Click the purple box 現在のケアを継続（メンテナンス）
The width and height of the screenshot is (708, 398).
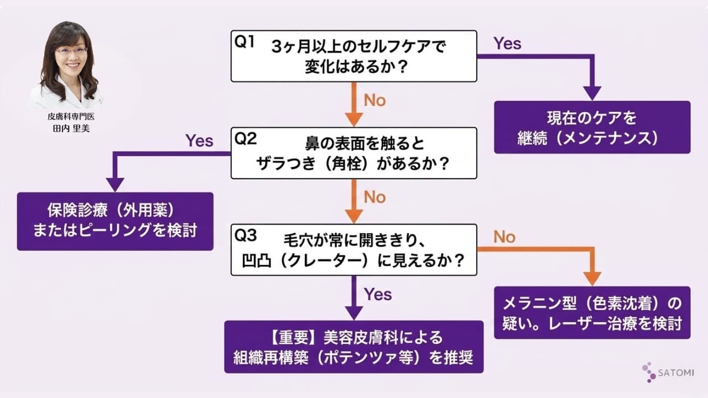592,127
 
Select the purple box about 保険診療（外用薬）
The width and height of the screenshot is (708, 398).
115,221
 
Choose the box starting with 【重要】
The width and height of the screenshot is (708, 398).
353,347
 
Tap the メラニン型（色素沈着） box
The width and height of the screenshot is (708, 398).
592,313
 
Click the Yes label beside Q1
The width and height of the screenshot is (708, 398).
507,44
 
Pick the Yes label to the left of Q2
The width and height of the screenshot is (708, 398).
199,140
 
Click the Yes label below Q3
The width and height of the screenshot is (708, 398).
378,294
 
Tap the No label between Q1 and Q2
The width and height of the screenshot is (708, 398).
374,101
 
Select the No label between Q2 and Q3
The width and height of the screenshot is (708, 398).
374,197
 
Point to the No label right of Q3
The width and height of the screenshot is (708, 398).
504,237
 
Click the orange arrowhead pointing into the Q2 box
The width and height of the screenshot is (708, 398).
353,119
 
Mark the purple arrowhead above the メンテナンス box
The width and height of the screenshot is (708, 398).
592,93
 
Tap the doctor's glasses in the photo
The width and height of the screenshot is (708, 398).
71,51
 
